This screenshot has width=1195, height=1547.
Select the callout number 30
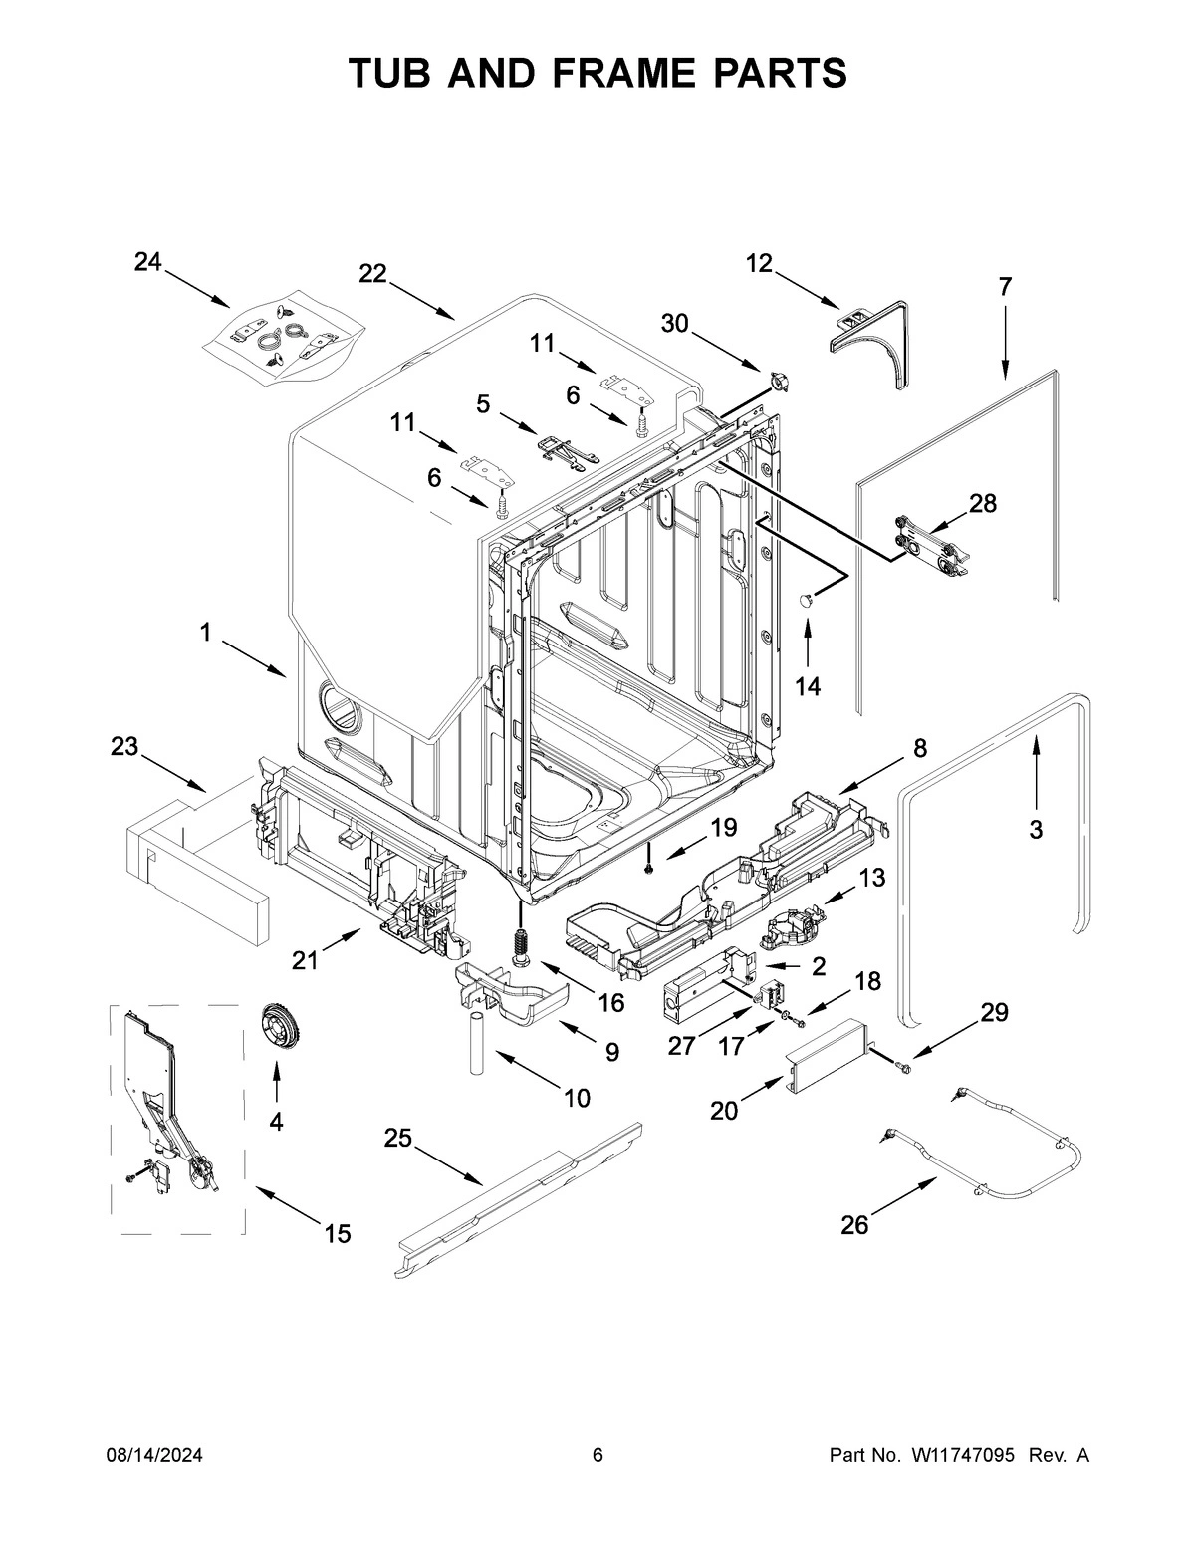click(x=674, y=323)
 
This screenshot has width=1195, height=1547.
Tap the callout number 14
click(x=808, y=686)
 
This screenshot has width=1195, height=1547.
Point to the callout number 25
click(x=398, y=1139)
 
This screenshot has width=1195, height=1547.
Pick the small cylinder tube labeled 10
click(x=476, y=1043)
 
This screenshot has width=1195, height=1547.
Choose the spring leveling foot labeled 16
click(x=519, y=942)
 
